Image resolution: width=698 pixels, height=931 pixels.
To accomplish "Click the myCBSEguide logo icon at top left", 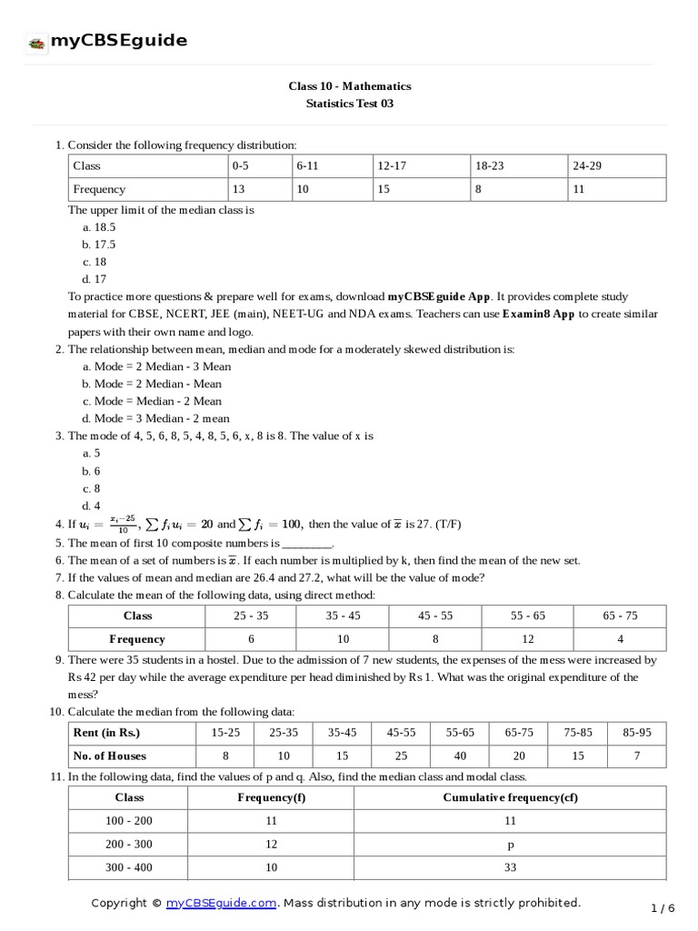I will click(36, 42).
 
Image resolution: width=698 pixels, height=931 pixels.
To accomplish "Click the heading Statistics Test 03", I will click(350, 104).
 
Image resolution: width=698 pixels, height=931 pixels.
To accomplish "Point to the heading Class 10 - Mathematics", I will click(350, 85).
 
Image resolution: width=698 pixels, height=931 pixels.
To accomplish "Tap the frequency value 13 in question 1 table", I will click(239, 190).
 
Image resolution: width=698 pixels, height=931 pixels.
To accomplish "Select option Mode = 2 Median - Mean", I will click(152, 384).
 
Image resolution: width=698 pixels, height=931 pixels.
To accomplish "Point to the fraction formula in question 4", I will click(124, 524).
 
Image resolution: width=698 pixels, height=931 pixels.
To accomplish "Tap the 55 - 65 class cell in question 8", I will click(528, 616).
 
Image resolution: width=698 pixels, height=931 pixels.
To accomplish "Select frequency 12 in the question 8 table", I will click(528, 639).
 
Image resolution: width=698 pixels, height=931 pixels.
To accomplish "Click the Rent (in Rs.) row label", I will click(107, 733).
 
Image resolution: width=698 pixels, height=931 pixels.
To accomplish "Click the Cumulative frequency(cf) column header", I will click(509, 797).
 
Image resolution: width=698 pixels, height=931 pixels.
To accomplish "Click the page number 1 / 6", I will click(663, 907).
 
